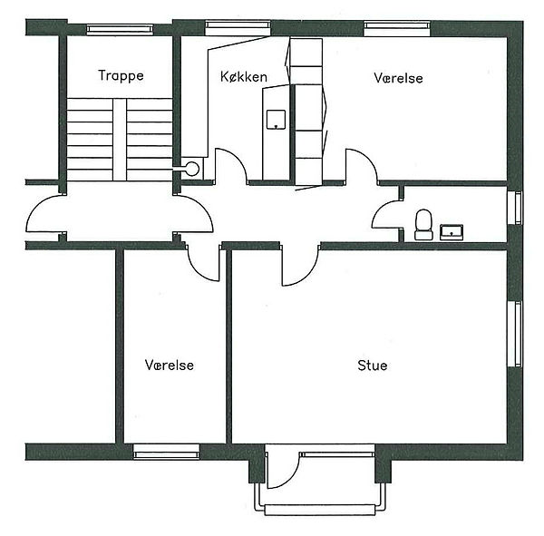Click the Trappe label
121,76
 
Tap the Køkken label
244,77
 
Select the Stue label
373,365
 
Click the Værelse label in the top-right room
398,78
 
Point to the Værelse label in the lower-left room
170,365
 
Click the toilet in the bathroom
423,225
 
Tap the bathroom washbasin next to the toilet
452,232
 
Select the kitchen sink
276,120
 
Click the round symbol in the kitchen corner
192,169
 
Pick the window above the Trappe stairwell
120,29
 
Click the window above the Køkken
238,28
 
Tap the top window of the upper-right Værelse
397,28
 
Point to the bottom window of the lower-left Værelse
167,452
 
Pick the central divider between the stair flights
120,140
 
